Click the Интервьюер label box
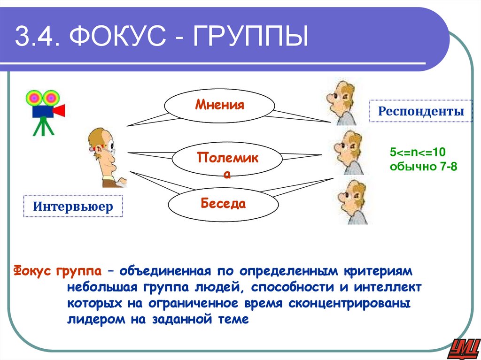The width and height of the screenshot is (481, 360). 73,206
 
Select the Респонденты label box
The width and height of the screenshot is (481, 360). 421,111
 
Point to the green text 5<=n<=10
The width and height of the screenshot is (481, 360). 417,153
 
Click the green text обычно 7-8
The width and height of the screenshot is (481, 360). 423,166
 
